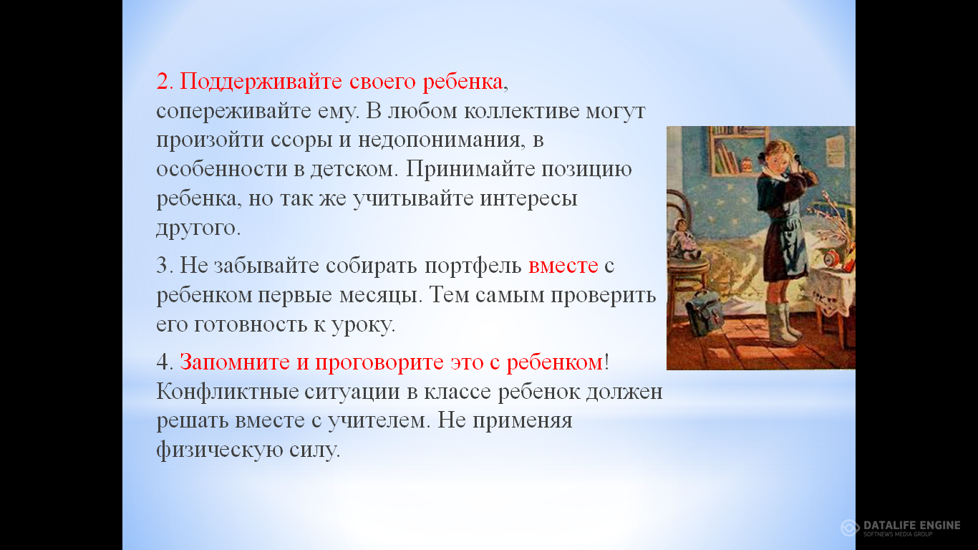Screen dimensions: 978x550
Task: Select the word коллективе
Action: (x=521, y=111)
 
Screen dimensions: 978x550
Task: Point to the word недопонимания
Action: (x=439, y=140)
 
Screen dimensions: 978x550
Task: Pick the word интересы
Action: (x=528, y=199)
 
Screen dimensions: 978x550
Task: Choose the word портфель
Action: (x=473, y=266)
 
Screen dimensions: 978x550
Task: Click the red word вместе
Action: (x=563, y=266)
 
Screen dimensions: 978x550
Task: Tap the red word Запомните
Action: (x=235, y=362)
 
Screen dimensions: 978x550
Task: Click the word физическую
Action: (x=220, y=450)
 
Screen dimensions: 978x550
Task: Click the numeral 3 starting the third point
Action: (x=162, y=266)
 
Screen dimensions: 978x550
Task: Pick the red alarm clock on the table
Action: (x=831, y=257)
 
